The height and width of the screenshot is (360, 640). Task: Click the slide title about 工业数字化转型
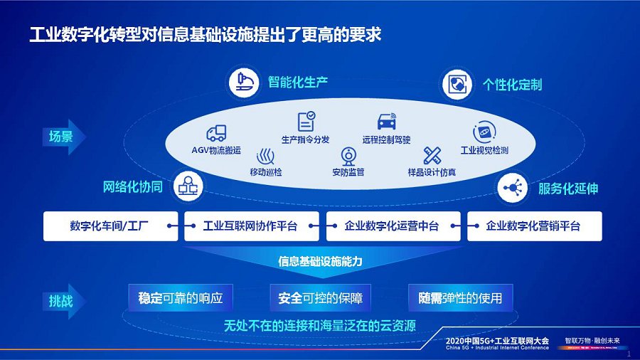206,33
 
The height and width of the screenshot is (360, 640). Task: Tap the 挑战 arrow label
62,300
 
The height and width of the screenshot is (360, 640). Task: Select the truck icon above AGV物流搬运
216,133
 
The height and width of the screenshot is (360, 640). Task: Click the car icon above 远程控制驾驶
387,121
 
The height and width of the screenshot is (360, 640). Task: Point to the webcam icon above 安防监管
348,156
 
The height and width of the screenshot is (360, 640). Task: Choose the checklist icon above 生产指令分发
306,120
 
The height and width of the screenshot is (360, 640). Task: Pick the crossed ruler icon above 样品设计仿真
432,155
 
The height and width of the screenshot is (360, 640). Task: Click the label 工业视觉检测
484,151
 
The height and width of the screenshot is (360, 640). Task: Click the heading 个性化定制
512,85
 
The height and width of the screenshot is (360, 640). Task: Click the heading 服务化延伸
567,189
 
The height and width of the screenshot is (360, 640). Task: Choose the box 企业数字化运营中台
392,226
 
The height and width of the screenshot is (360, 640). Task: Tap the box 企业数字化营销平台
533,226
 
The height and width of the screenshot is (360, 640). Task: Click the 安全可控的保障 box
321,298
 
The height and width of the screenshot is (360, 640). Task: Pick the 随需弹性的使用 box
460,298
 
